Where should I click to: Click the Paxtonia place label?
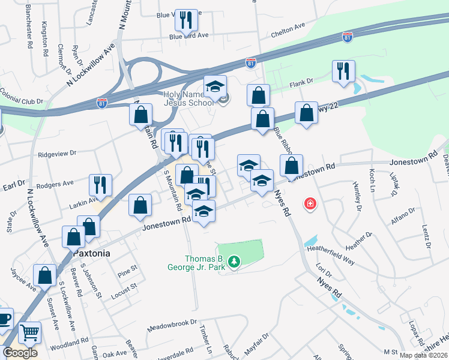tap(92, 253)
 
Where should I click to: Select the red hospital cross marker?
tap(310, 204)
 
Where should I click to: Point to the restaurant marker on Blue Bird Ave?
tap(186, 20)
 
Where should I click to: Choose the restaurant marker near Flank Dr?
tap(343, 70)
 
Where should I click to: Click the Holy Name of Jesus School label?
tap(188, 98)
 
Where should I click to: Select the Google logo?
tap(20, 353)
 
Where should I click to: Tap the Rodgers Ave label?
tap(55, 182)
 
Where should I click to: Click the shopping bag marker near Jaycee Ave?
tap(44, 275)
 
